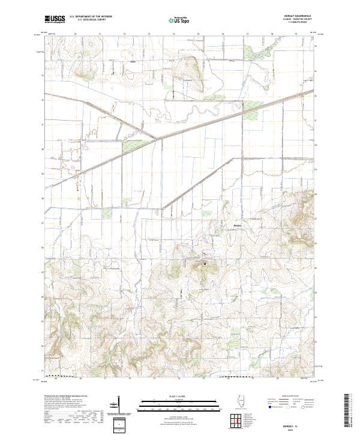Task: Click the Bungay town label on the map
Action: click(238, 226)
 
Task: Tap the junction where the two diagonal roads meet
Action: click(157, 139)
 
